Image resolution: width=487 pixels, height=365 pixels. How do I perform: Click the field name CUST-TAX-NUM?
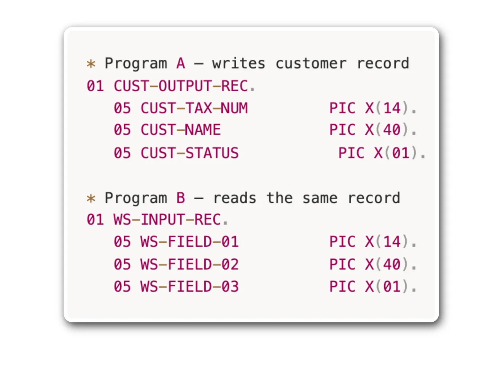(x=194, y=108)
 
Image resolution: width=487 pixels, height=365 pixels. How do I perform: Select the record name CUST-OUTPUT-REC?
(x=181, y=86)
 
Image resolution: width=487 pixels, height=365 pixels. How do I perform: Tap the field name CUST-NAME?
(x=181, y=130)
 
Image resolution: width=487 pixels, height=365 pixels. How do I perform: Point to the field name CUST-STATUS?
(x=190, y=153)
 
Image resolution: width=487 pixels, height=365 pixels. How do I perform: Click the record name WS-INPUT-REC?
(x=167, y=220)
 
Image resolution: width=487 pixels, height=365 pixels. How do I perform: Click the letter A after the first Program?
(x=181, y=63)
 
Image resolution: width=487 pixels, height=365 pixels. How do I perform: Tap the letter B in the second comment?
(x=181, y=198)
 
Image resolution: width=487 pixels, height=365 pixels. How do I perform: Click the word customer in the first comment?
(x=311, y=64)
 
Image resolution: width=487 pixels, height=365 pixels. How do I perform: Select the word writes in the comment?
(x=239, y=63)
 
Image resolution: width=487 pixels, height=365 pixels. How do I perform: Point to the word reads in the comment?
(x=234, y=198)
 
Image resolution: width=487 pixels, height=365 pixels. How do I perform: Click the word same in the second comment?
(x=320, y=198)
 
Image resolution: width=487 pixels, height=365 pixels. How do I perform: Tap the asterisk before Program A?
(x=91, y=64)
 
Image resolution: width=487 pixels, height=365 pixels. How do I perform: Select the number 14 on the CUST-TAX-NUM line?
(x=392, y=108)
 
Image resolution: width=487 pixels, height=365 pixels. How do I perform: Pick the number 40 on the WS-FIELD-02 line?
(x=392, y=264)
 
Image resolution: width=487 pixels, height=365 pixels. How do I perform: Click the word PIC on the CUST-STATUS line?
(x=352, y=153)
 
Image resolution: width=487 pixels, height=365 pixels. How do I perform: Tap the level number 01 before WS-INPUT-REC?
(x=95, y=220)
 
